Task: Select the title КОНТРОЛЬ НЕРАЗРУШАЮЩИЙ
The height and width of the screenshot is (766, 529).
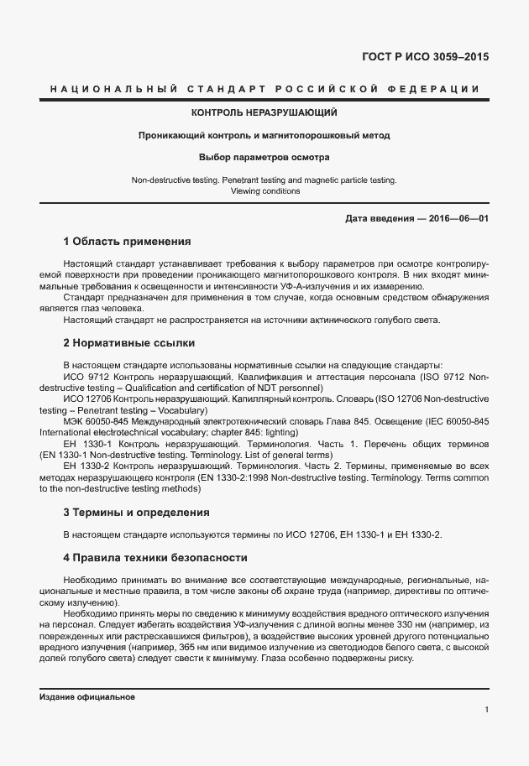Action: tap(264, 112)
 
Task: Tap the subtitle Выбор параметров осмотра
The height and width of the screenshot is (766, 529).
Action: tap(264, 157)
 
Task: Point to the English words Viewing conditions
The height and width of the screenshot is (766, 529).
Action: tap(264, 191)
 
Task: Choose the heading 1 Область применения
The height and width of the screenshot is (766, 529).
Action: tap(127, 241)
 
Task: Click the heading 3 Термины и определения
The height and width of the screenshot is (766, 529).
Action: tap(136, 512)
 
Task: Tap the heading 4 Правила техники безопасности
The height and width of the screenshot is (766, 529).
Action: tap(155, 557)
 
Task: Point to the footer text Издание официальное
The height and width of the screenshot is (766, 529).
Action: tap(87, 697)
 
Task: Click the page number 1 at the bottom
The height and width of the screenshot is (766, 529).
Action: tap(486, 710)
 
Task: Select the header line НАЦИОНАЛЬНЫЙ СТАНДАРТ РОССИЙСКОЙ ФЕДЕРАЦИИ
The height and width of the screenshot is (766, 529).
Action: tap(264, 88)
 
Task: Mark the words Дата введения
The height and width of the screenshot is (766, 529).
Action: tap(377, 218)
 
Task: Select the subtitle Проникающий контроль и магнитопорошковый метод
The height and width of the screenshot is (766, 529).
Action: tap(264, 134)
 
